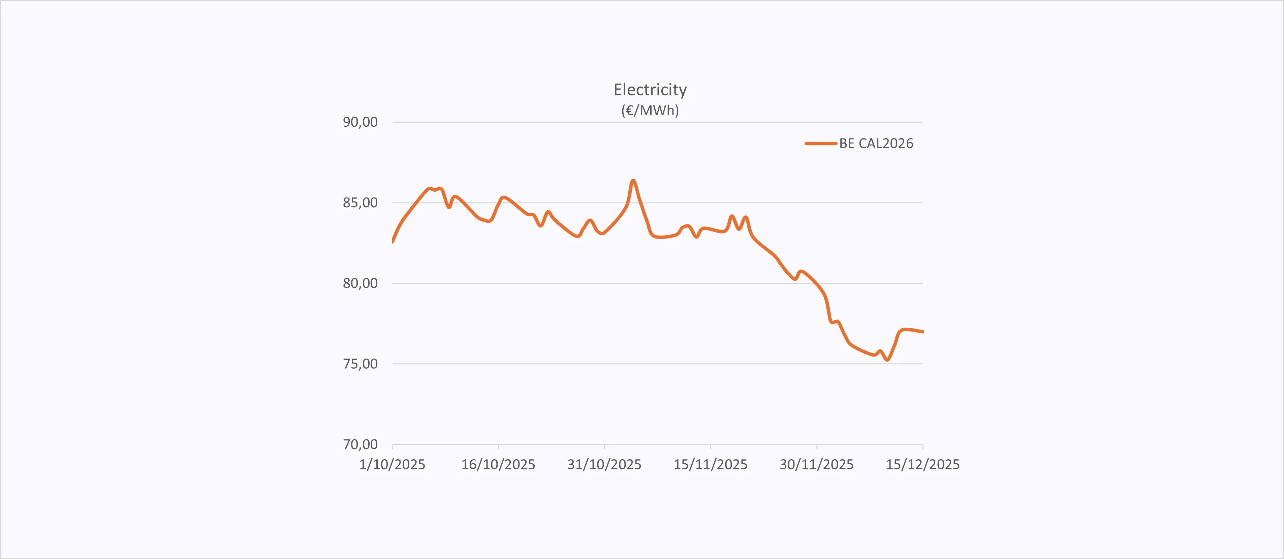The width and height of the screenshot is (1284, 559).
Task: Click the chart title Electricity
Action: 650,90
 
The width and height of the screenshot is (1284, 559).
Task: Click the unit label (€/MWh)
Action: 650,110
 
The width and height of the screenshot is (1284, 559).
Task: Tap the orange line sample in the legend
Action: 820,144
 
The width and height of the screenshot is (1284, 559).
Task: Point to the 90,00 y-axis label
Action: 360,122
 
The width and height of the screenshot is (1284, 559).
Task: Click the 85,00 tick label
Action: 360,203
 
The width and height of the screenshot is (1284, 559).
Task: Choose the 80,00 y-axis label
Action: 360,283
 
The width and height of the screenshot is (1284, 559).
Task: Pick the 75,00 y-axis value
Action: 360,364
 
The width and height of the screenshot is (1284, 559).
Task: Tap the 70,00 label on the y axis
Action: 360,444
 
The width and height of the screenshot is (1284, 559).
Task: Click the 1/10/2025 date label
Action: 392,465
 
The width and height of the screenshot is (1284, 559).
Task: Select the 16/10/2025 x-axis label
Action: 498,465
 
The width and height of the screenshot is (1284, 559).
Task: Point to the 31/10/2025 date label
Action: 604,465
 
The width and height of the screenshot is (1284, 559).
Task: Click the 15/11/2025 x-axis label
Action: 710,465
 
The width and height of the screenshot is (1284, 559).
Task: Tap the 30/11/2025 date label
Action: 816,465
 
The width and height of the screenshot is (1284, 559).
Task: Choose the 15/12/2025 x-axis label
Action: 922,465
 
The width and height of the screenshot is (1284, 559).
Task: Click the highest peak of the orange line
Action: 633,181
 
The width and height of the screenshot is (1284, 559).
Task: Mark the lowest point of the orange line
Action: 887,360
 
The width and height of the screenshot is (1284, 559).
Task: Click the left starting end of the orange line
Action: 393,241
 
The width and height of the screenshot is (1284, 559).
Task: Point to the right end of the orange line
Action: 922,332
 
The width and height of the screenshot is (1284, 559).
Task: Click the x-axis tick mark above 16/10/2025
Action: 498,447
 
